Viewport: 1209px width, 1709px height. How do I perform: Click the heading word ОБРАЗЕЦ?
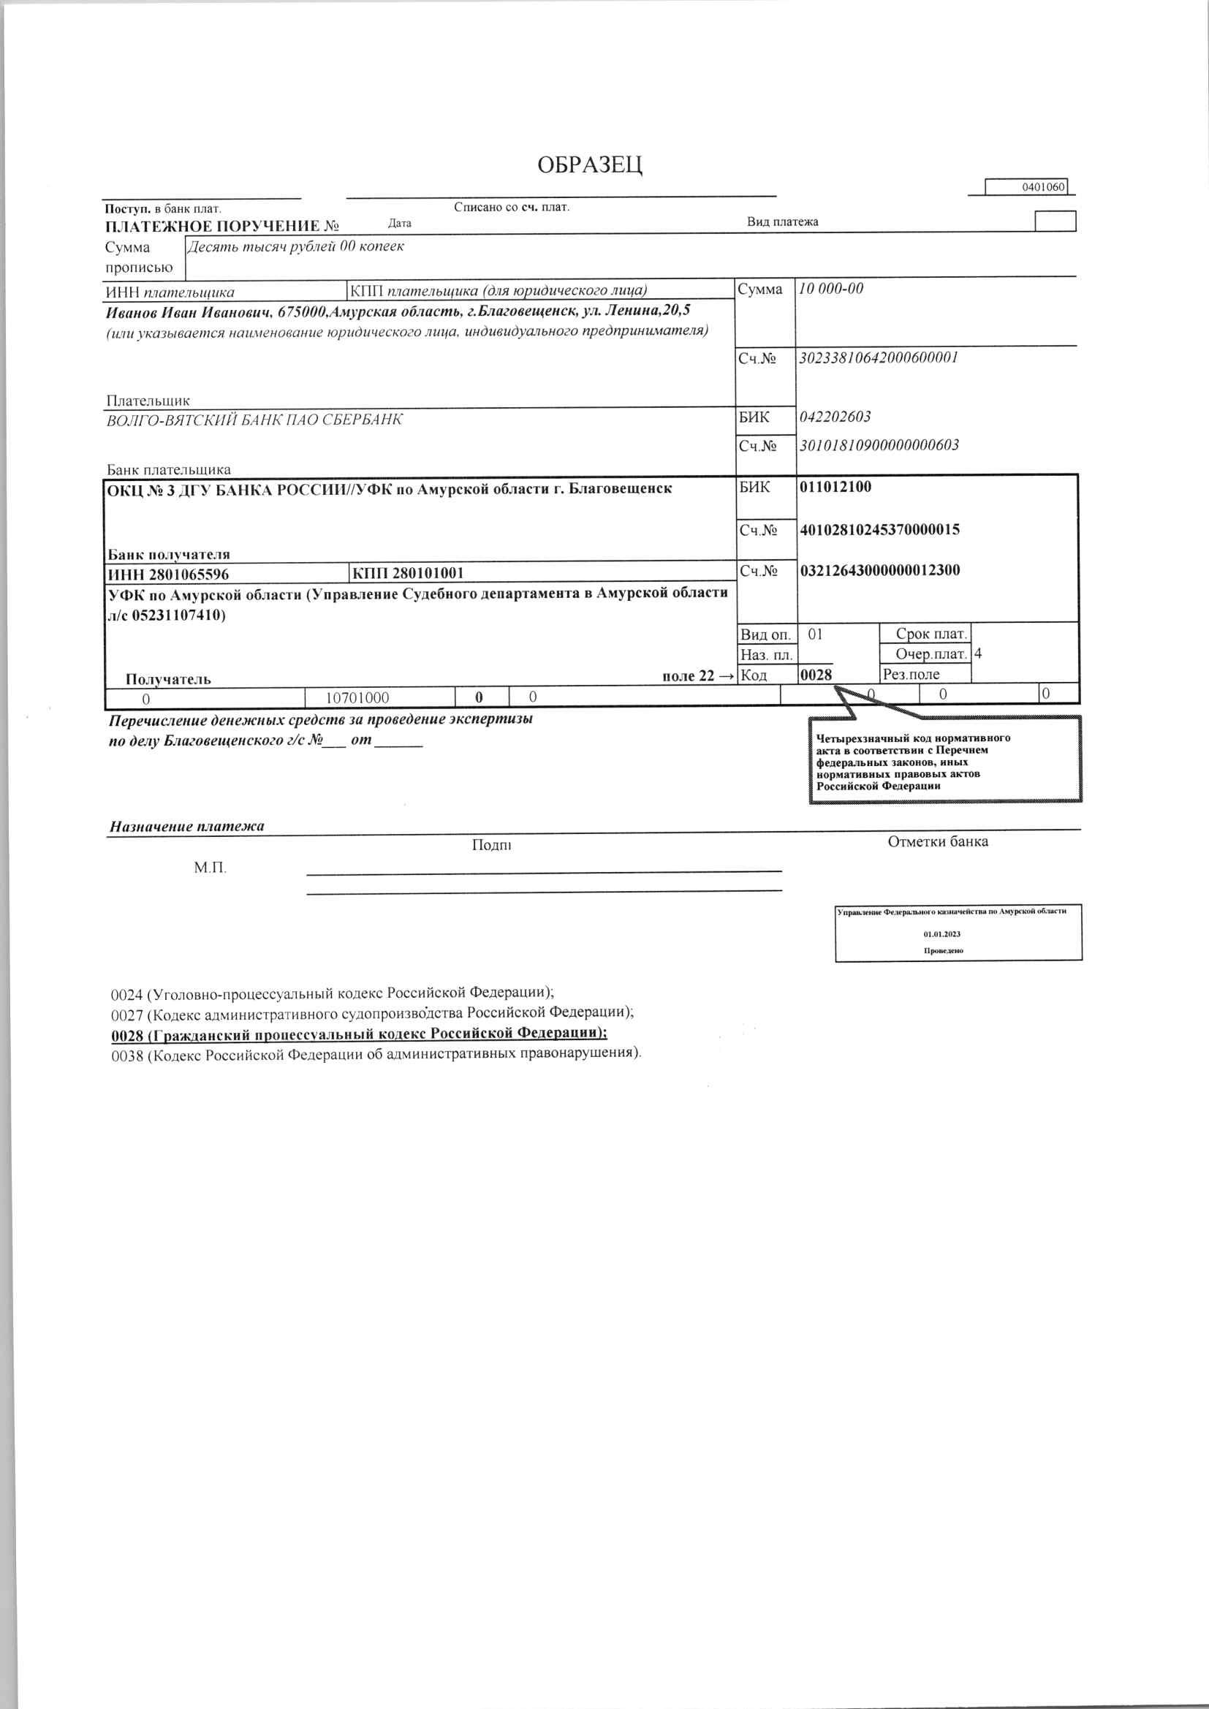(590, 164)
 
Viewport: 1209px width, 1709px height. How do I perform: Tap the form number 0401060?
(1043, 187)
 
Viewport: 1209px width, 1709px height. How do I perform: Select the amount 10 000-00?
(831, 289)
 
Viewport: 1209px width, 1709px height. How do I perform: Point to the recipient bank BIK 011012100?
(835, 488)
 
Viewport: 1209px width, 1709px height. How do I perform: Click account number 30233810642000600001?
(878, 357)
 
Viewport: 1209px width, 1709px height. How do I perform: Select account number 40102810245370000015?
(879, 530)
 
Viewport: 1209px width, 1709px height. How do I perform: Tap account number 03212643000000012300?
(879, 571)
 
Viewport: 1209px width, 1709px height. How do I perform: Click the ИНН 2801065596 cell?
(168, 574)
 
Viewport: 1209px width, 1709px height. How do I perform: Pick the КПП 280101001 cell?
(408, 573)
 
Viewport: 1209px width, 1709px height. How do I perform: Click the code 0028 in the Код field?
(815, 675)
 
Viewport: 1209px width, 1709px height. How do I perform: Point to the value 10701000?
(358, 697)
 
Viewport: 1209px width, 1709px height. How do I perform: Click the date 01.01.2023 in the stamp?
(942, 933)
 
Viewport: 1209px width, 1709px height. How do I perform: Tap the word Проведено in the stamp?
(943, 950)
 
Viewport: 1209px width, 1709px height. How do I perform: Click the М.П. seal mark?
(210, 867)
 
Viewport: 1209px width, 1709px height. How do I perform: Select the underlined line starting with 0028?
(359, 1034)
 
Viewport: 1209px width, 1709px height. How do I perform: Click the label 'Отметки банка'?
(937, 842)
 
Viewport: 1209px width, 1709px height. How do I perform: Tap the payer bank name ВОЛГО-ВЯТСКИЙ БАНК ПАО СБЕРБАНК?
(254, 420)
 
